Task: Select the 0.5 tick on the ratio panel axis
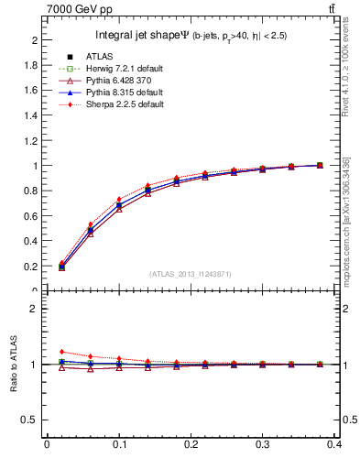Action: pyautogui.click(x=34, y=420)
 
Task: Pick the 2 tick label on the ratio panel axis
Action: pyautogui.click(x=38, y=309)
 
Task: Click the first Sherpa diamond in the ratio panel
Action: pyautogui.click(x=62, y=352)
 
